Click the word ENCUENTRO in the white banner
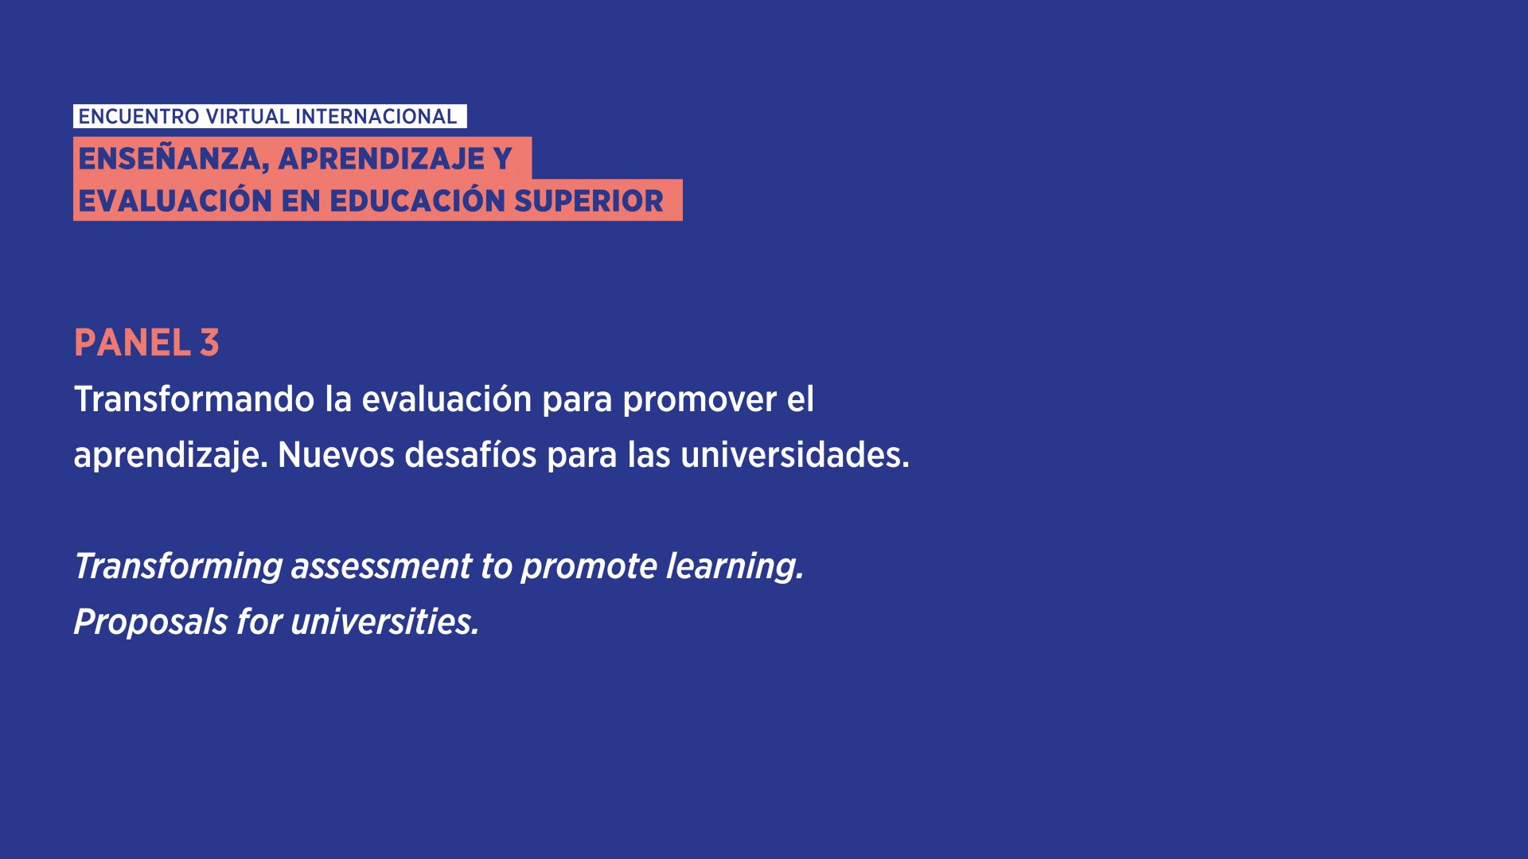(x=138, y=117)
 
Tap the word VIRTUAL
(x=248, y=117)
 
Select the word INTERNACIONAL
(x=376, y=117)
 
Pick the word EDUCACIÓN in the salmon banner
(x=417, y=200)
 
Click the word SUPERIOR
(x=588, y=201)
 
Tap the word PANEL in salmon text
(x=132, y=343)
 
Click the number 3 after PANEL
(x=209, y=343)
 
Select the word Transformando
(x=194, y=399)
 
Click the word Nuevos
(x=336, y=455)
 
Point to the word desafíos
(x=470, y=454)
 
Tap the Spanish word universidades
(x=794, y=454)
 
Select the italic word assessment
(x=381, y=567)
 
